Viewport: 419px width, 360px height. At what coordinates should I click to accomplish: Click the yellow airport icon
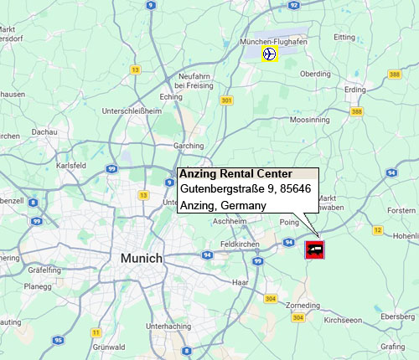(x=269, y=54)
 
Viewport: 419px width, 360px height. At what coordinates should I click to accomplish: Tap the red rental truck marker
(x=315, y=249)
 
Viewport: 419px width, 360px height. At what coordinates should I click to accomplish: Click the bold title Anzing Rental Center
(x=235, y=174)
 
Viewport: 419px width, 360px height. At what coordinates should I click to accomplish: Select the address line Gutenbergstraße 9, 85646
(x=246, y=189)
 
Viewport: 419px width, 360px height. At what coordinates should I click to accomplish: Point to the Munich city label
(x=141, y=258)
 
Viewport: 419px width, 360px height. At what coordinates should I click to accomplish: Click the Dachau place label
(x=44, y=131)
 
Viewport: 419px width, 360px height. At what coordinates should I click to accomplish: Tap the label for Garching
(x=188, y=146)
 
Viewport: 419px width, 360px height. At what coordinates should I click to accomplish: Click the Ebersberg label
(x=397, y=316)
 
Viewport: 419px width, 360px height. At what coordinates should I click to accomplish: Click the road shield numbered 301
(x=225, y=100)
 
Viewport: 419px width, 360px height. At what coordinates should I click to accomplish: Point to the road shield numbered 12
(x=378, y=229)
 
